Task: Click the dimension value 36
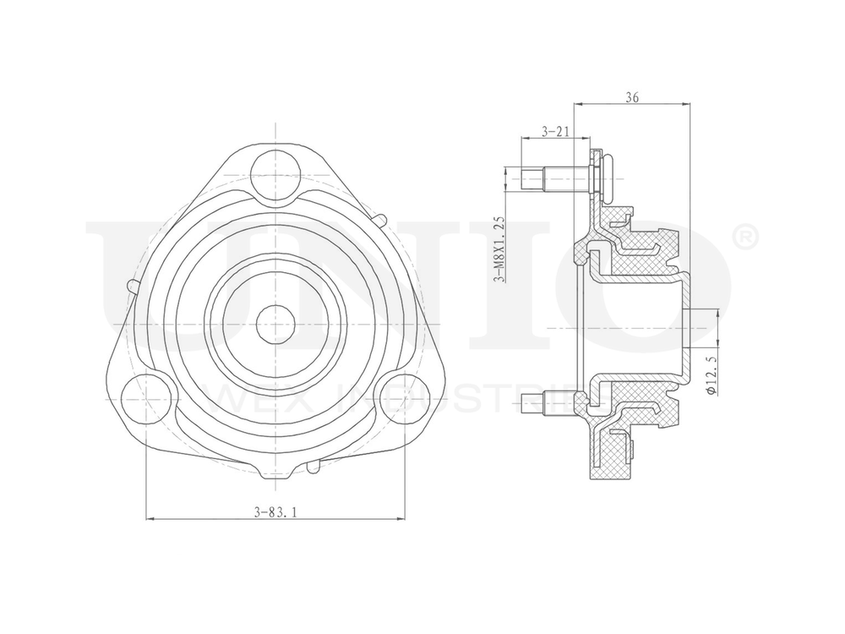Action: tap(632, 97)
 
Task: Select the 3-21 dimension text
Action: tap(553, 131)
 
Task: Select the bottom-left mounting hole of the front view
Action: tap(145, 395)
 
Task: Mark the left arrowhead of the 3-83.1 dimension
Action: tap(151, 518)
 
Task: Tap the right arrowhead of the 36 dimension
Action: tap(687, 104)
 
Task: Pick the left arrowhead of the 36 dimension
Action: tap(578, 104)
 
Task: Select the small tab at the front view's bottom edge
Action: tap(314, 464)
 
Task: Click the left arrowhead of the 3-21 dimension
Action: tap(523, 138)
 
